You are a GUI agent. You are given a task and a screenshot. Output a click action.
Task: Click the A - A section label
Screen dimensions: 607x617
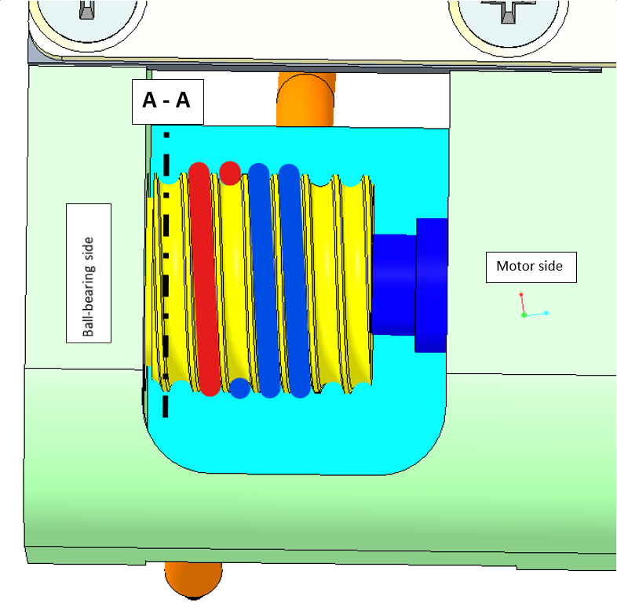click(x=168, y=102)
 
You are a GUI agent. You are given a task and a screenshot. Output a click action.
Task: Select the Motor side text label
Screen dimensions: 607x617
click(x=530, y=267)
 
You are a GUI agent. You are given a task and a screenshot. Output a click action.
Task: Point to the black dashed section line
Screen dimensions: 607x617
click(x=166, y=274)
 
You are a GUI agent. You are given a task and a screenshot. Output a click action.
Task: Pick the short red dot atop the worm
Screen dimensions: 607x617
click(x=230, y=172)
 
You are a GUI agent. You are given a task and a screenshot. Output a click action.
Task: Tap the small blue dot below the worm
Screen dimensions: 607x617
click(x=240, y=387)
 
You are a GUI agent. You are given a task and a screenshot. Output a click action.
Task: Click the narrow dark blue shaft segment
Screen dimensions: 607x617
click(x=392, y=284)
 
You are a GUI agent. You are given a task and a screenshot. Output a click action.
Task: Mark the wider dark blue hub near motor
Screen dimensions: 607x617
click(x=431, y=284)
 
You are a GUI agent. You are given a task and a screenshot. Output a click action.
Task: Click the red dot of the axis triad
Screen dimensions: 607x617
click(x=520, y=295)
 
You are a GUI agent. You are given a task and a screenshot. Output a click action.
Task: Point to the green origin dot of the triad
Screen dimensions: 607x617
click(x=524, y=315)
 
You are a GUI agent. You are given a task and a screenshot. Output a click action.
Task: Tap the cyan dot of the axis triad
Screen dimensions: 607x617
click(x=546, y=313)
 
